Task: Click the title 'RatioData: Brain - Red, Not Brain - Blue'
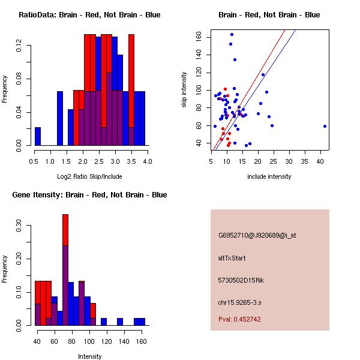point(89,15)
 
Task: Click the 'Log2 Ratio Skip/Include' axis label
point(89,176)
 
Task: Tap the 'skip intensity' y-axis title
point(184,90)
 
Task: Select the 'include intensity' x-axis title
point(269,176)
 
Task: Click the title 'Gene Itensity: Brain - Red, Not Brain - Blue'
point(89,195)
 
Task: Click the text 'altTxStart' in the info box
point(232,258)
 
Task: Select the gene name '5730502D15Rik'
point(239,280)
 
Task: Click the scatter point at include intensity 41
point(325,126)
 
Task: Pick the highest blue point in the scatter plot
point(232,34)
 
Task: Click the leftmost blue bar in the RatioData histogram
point(38,136)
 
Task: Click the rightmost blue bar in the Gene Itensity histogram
point(142,322)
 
